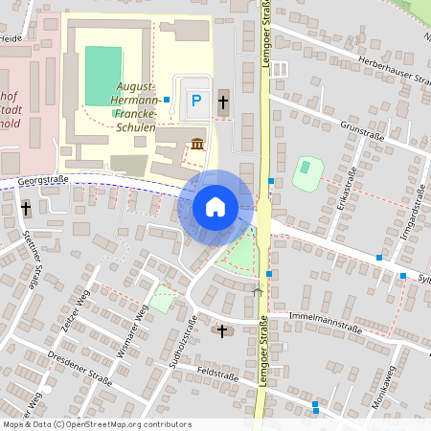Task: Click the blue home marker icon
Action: click(215, 206)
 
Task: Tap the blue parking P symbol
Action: click(196, 100)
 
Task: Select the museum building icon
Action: click(197, 144)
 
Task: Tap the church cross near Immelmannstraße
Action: click(222, 330)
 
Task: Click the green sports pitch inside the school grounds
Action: click(103, 76)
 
